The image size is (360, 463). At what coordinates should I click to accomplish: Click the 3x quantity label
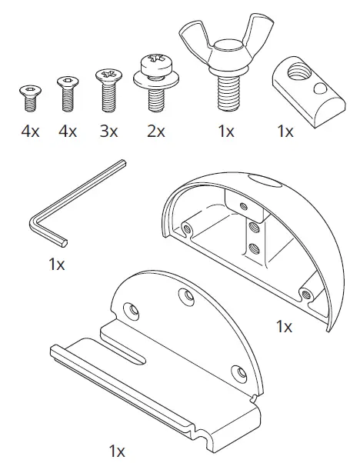108,132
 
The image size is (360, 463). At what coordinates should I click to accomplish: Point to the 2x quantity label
156,132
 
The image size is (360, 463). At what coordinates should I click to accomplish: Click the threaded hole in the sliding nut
294,73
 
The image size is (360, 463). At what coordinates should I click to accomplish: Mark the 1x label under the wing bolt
225,132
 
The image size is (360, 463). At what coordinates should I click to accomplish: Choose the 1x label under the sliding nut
285,132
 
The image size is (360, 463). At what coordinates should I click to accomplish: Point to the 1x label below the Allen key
57,264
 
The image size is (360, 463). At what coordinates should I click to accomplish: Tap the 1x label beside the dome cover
285,326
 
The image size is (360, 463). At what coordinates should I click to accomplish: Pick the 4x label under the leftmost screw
30,132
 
